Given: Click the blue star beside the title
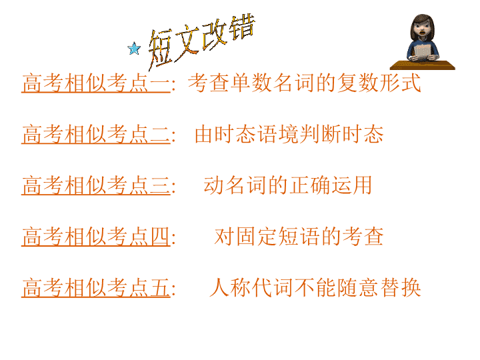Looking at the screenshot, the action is point(134,49).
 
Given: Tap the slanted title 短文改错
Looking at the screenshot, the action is point(201,41).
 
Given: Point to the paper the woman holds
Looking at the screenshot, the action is point(423,51).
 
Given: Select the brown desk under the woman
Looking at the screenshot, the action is point(423,65).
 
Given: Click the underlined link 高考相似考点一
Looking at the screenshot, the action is point(96,83).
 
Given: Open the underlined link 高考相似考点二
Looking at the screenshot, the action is point(96,134).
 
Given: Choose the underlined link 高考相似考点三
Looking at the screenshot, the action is point(96,185).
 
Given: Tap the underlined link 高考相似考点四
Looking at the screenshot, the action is point(96,236).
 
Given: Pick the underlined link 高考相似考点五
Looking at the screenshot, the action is point(96,287).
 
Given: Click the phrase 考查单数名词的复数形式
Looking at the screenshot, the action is point(305,83).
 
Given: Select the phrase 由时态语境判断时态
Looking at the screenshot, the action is point(289,134).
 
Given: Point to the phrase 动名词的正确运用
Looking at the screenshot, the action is point(288,185).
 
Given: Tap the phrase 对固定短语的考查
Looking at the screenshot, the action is point(299,236).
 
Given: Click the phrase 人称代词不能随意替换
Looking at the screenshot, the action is point(315,287).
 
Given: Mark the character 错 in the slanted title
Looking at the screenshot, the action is point(243,27).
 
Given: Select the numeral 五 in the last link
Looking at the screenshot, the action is point(160,287).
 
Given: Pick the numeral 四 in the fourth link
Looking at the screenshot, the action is point(160,236).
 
